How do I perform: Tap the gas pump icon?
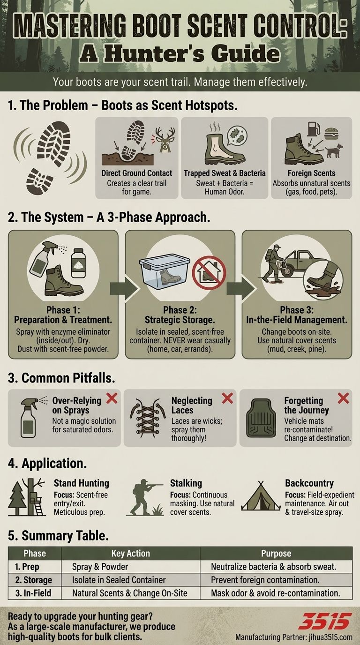coord(313,129)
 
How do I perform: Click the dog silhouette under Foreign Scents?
coord(334,150)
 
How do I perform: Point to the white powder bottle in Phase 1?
coord(78,263)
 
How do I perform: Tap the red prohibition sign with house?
coord(209,272)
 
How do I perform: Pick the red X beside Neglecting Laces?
coord(227,398)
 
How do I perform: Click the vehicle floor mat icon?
coord(259,418)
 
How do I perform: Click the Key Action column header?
coord(131,553)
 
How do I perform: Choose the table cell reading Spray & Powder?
coord(100,567)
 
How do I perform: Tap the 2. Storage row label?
coord(34,580)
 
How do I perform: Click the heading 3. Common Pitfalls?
coord(61,378)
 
